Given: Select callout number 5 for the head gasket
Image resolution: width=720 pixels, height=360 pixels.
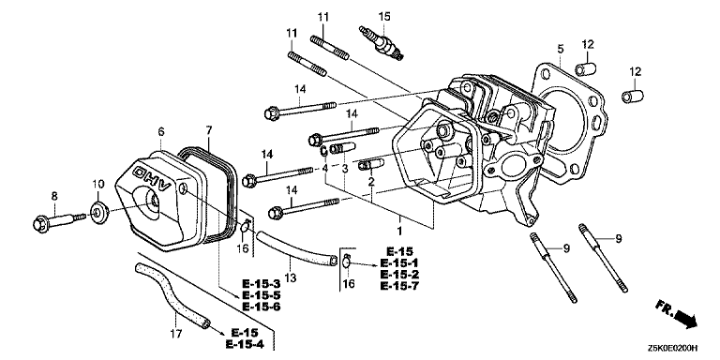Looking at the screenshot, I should tap(560, 49).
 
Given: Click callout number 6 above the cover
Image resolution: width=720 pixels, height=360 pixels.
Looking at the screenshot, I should tap(161, 131).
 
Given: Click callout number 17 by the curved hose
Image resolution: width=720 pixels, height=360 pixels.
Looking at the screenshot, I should tap(174, 334).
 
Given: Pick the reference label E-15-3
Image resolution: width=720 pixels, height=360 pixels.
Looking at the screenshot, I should tap(261, 284).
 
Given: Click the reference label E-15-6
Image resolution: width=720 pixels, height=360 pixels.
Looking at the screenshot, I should tap(261, 307).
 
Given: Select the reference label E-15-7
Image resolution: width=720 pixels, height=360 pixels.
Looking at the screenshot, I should tap(400, 286).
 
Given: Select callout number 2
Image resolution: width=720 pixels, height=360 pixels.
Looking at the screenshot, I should tap(371, 180).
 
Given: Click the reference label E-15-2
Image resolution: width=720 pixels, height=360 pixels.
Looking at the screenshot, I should tap(400, 275).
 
